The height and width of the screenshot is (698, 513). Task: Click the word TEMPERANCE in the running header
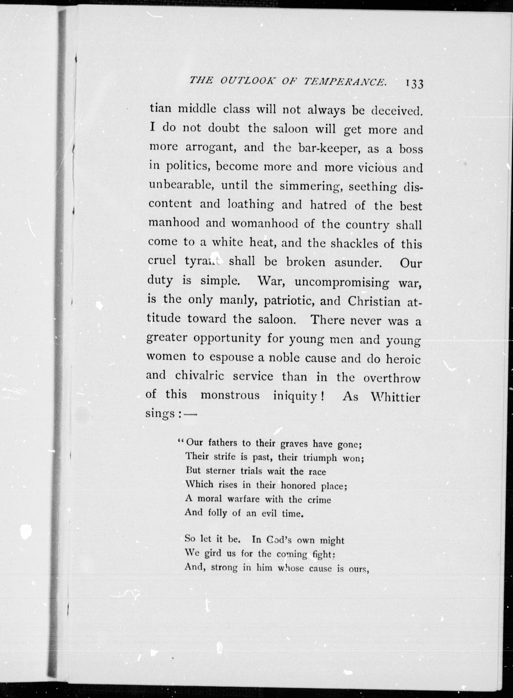[x=345, y=81]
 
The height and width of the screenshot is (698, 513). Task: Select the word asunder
[x=357, y=263]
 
